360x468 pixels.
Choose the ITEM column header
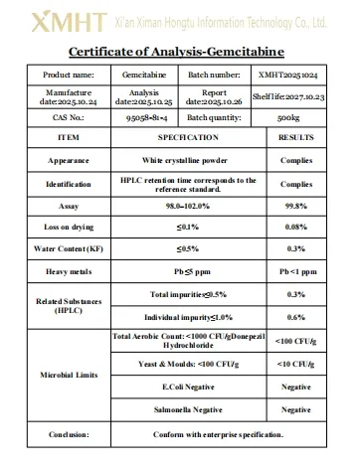click(x=69, y=137)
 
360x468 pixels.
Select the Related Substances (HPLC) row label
click(x=69, y=305)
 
